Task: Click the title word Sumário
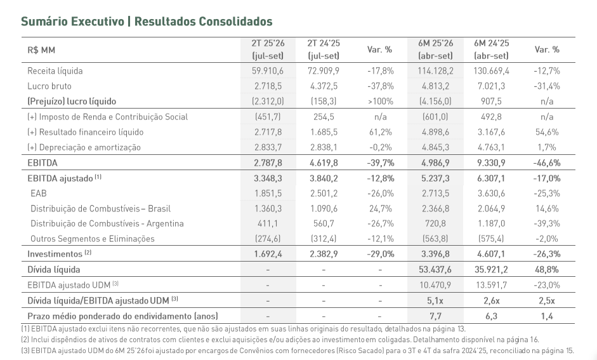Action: click(x=48, y=22)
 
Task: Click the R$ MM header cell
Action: click(x=41, y=50)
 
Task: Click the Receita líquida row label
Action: click(x=55, y=71)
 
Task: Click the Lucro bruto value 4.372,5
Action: click(x=324, y=86)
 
